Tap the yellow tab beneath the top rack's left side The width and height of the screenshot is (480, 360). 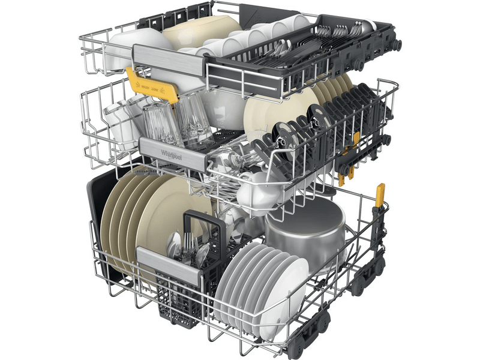[153, 86]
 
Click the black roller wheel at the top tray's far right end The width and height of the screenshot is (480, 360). [396, 45]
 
